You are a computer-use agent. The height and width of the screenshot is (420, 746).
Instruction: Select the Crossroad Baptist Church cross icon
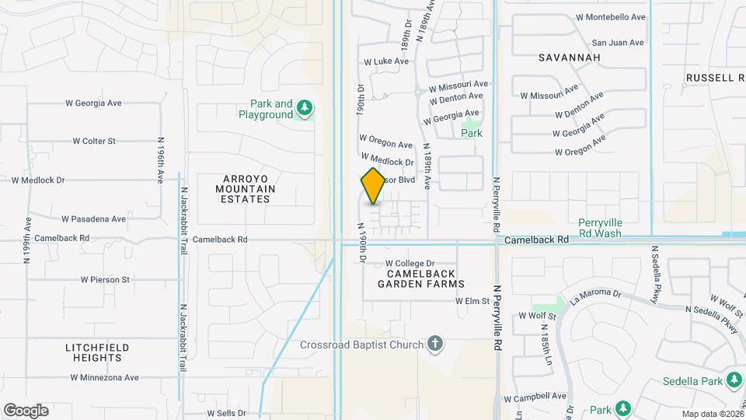point(436,344)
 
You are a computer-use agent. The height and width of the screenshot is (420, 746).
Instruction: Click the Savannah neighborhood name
point(570,58)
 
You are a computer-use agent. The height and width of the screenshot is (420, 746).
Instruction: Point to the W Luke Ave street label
point(386,61)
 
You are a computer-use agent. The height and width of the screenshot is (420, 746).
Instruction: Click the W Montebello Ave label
point(611,16)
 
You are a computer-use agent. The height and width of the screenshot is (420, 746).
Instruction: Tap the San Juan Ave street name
point(618,43)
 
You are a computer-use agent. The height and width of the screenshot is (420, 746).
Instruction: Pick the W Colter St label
point(94,141)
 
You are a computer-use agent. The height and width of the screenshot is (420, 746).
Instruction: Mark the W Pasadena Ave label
point(93,219)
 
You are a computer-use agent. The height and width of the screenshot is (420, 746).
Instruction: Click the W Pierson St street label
point(105,278)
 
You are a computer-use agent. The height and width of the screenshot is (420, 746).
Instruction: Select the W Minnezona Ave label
point(104,377)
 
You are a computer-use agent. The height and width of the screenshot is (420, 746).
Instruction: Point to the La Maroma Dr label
point(596,295)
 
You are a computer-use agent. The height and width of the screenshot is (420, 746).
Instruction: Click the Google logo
point(26,410)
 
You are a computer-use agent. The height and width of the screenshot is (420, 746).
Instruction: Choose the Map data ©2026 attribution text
point(713,414)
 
